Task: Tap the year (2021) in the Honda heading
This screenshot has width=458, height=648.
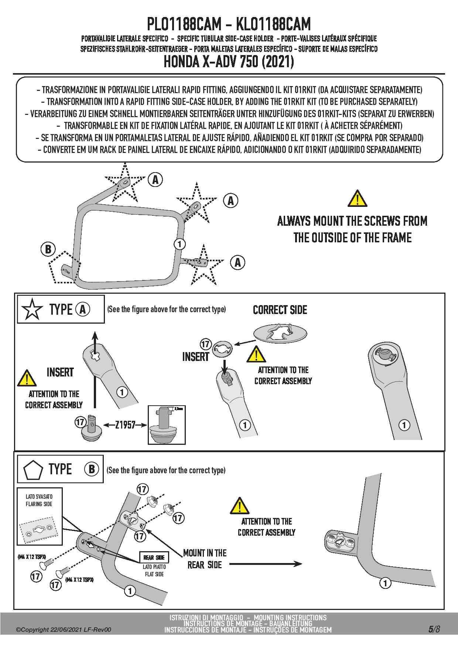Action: [x=278, y=62]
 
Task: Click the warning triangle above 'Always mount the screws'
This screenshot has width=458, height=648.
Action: [x=357, y=198]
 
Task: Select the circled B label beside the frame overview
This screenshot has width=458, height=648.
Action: [x=48, y=249]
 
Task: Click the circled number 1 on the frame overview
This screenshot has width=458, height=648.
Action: [x=180, y=244]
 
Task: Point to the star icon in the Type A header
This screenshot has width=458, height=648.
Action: [x=33, y=310]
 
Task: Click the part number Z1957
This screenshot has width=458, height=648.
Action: [x=125, y=425]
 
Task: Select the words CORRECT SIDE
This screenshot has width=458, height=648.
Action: [x=280, y=310]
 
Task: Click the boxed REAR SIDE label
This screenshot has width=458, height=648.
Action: [x=154, y=557]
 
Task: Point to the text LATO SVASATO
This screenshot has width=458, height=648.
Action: [x=39, y=497]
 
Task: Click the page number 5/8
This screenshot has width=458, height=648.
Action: [x=434, y=629]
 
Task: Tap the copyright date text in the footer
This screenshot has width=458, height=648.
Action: [x=63, y=630]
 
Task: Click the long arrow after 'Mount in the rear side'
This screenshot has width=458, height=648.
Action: [x=266, y=564]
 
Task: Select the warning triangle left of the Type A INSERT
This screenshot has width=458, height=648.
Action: [x=26, y=378]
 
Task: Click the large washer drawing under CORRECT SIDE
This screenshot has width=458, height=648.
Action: [x=280, y=334]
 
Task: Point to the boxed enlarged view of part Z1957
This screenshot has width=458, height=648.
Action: [x=166, y=425]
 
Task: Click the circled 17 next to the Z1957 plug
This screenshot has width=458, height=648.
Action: [x=81, y=422]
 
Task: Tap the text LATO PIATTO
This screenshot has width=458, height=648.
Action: [x=154, y=567]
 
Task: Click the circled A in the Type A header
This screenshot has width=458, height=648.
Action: [x=82, y=309]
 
